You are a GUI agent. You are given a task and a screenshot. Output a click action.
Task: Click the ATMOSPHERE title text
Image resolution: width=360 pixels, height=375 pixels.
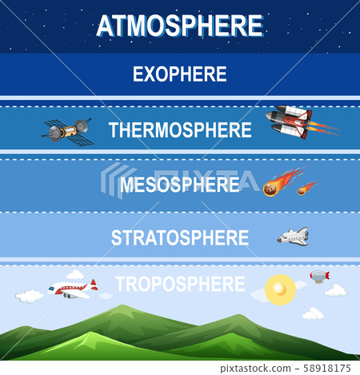point(179,26)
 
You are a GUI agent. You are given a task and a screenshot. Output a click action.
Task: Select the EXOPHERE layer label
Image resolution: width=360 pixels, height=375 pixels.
point(179,75)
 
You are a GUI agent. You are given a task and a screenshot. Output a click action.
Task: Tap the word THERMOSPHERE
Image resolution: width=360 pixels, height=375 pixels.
point(179,130)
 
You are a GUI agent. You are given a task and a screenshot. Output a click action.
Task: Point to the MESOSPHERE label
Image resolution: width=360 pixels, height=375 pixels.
point(179,185)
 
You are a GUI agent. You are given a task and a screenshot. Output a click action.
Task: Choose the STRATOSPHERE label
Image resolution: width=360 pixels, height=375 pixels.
point(179,237)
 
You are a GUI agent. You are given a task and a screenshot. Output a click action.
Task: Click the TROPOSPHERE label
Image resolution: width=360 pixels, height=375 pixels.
point(179,284)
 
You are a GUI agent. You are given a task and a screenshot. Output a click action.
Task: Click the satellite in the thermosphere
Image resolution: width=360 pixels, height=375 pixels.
point(68,130)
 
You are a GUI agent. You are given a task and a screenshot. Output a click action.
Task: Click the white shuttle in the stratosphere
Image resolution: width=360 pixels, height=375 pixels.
point(293,237)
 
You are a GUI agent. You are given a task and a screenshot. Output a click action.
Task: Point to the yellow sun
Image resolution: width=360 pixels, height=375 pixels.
point(280,286)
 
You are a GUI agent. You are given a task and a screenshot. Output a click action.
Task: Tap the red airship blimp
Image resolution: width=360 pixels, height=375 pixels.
point(319,276)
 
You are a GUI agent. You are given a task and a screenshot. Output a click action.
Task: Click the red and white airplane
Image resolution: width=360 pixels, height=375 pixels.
point(71,289)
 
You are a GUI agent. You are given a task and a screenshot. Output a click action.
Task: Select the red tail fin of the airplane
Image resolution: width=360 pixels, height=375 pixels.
point(94,284)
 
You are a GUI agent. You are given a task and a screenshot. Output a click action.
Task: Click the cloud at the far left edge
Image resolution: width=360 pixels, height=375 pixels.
point(29,297)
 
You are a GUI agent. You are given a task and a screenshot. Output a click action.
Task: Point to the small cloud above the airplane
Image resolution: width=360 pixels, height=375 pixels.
point(75,274)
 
